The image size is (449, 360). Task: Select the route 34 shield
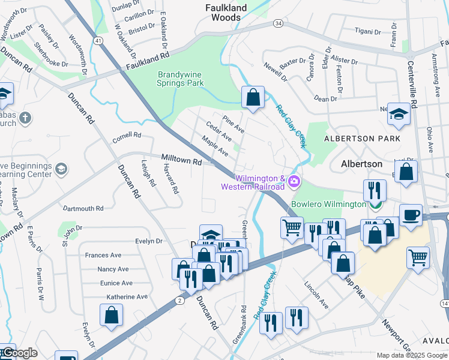tap(277, 23)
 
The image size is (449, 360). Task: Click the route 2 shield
tap(180, 299)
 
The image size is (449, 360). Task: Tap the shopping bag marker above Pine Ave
tap(253, 97)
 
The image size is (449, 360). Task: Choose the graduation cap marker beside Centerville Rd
tap(399, 113)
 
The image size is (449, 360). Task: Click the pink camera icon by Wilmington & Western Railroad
tap(294, 181)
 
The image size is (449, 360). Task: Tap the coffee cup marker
tap(411, 215)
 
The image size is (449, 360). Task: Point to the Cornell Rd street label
tap(126, 137)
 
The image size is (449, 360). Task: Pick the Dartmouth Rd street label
tap(83, 209)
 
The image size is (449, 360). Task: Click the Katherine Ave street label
tap(127, 297)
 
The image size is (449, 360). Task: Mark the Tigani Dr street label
tap(368, 30)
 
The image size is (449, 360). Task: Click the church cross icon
tap(25, 117)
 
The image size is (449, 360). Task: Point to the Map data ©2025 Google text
tap(411, 355)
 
